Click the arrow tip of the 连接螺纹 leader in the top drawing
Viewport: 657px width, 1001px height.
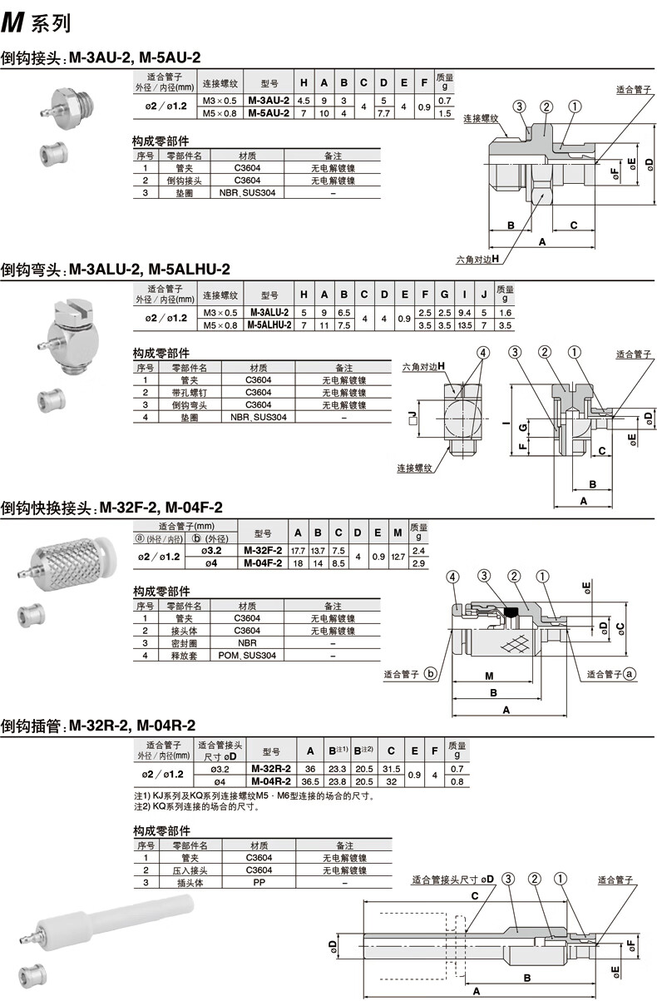point(508,136)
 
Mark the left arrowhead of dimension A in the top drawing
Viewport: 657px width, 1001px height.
point(490,246)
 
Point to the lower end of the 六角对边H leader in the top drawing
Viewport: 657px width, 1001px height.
point(502,264)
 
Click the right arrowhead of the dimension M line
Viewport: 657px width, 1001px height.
point(531,682)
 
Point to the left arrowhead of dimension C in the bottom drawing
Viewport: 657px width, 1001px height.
point(364,902)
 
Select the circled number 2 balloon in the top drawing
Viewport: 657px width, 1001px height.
point(546,107)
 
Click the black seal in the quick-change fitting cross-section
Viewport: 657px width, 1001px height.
point(511,611)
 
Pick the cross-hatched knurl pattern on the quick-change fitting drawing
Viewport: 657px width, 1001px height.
point(515,644)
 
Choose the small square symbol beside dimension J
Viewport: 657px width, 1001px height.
point(412,421)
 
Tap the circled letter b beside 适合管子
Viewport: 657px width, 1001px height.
point(430,673)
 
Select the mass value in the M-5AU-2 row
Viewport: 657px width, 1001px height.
point(444,113)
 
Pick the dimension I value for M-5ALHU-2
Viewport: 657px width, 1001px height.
point(465,325)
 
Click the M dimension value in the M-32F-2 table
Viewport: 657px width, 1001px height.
point(398,557)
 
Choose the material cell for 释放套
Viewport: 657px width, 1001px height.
point(247,655)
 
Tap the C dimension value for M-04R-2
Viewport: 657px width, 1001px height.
point(391,781)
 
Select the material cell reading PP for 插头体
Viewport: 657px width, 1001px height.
point(259,882)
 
